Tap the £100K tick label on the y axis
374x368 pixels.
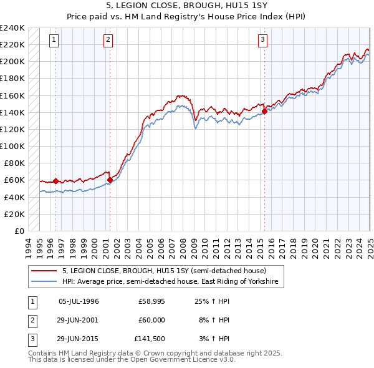click(12, 147)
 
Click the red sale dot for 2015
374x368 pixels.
click(264, 112)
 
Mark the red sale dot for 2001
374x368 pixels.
click(110, 180)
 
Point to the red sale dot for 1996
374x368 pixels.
click(56, 181)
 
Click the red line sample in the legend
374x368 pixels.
click(45, 271)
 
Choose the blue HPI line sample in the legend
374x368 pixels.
click(45, 281)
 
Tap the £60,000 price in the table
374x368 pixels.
click(151, 321)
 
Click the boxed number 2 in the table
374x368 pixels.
click(31, 321)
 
